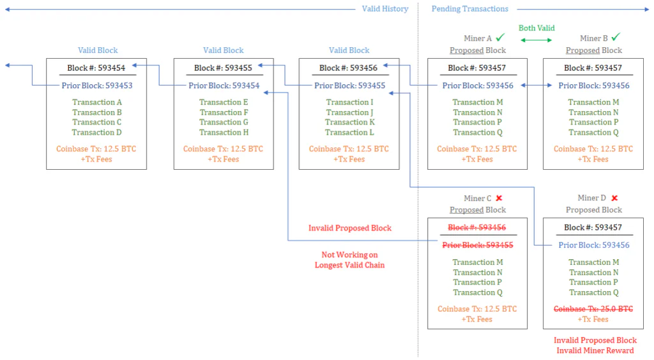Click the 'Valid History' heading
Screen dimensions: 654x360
click(385, 9)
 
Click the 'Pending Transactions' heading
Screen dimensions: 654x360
click(469, 9)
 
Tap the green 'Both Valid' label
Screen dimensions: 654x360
click(536, 28)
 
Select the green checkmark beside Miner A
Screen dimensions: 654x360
click(500, 38)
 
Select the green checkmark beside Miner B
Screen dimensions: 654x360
click(616, 37)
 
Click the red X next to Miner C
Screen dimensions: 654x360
click(499, 199)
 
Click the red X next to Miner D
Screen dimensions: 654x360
click(614, 198)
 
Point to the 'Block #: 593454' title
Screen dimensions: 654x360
click(96, 68)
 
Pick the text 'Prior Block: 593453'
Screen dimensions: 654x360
click(97, 86)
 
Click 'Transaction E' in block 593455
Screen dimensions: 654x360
click(224, 102)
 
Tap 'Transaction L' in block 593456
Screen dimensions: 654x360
click(349, 133)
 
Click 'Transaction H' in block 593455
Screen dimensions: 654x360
click(224, 133)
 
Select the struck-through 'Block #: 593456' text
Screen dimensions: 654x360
click(476, 227)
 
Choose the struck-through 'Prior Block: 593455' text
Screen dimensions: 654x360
click(478, 245)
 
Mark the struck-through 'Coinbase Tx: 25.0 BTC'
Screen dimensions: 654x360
click(593, 309)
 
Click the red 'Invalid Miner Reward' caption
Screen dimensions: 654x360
click(595, 350)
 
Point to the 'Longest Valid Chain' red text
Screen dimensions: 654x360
click(349, 265)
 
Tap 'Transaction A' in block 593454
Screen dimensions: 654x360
click(97, 102)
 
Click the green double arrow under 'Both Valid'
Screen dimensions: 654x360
click(536, 40)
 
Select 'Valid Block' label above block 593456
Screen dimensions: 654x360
click(349, 50)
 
